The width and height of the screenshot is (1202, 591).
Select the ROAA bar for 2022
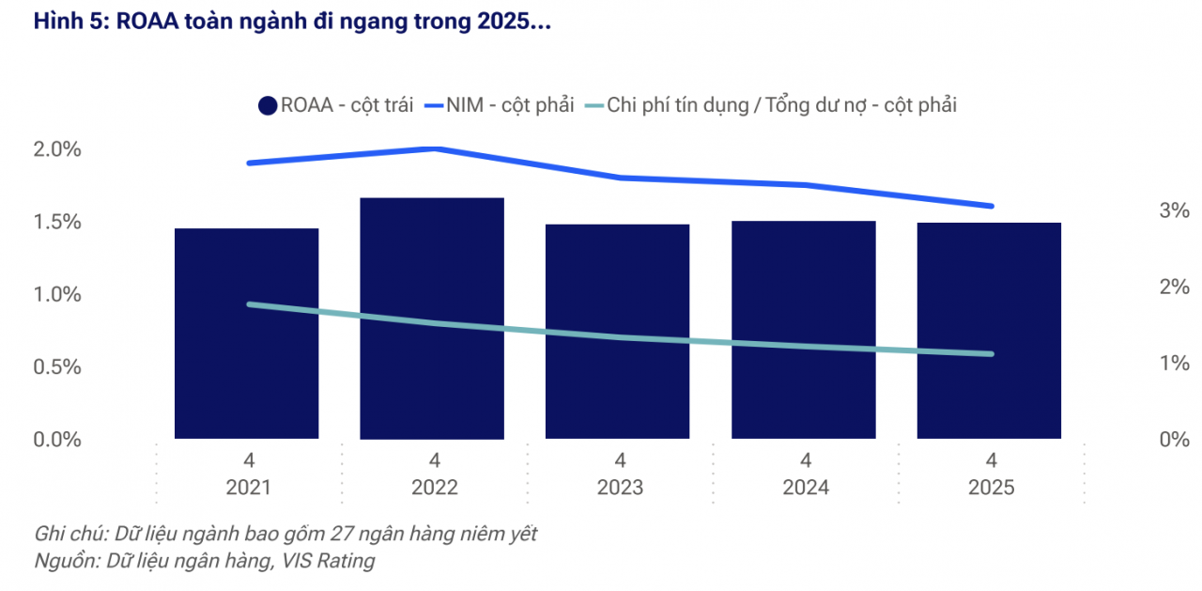coord(432,319)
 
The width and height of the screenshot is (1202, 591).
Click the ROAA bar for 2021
coord(247,334)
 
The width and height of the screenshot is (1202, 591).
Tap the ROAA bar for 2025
coord(989,331)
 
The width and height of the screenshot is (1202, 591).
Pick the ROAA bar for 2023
coord(618,332)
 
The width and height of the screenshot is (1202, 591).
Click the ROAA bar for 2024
coord(804,330)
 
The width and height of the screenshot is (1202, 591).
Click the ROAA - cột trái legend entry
coord(336,105)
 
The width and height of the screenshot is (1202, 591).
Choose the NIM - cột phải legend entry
coord(500,105)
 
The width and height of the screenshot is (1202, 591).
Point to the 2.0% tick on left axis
coord(58,149)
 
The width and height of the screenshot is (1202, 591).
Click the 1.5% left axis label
coord(58,222)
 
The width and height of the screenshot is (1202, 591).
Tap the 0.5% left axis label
coord(58,366)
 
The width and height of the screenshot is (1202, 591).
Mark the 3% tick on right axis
coord(1174,210)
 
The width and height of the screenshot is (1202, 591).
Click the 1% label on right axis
coord(1174,363)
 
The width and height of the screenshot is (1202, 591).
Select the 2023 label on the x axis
coord(620,488)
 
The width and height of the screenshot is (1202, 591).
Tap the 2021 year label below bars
coord(248,488)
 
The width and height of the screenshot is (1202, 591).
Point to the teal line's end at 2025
coord(992,353)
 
